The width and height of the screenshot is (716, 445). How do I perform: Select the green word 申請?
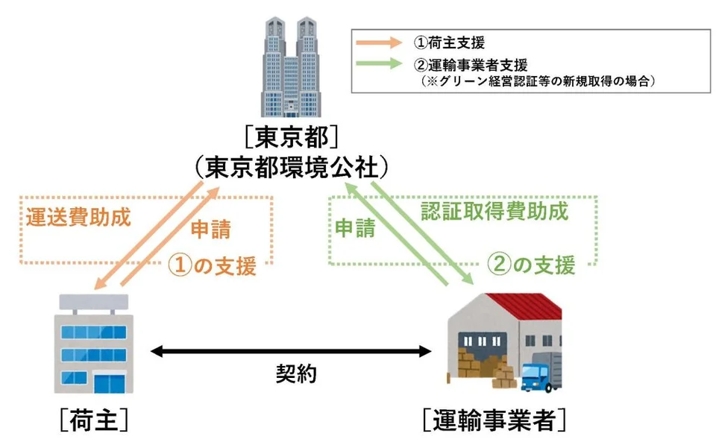click(355, 228)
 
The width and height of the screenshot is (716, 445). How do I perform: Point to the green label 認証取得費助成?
click(494, 211)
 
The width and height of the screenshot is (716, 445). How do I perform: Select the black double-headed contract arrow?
click(292, 351)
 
